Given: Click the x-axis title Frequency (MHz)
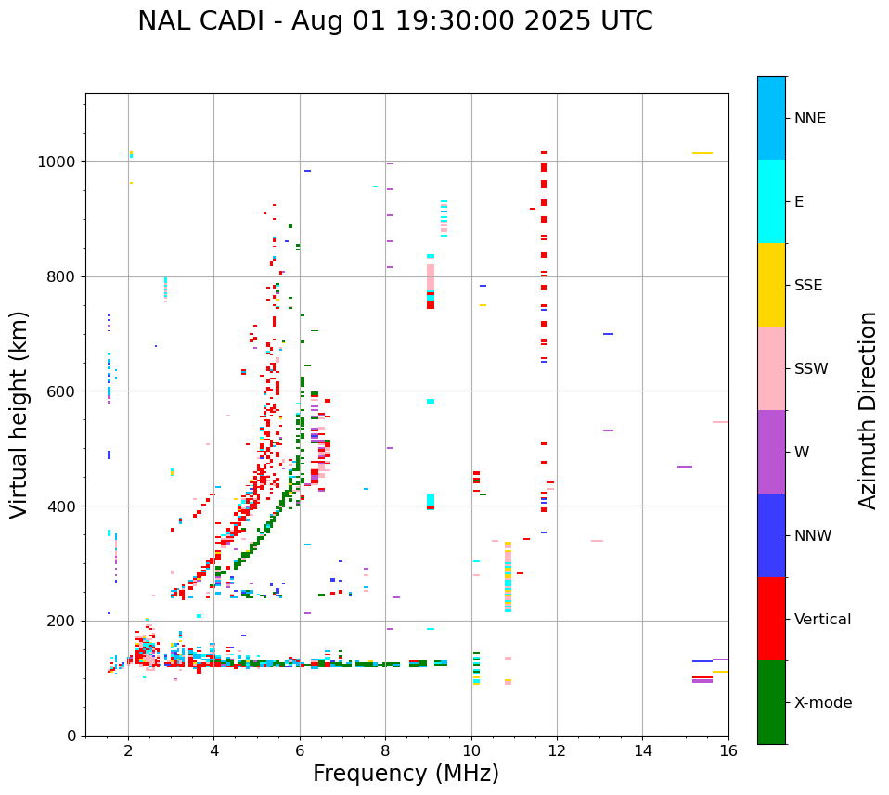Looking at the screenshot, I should pyautogui.click(x=406, y=774).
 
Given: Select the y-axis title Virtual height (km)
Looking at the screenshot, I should pyautogui.click(x=19, y=414).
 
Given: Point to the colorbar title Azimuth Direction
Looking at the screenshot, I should pyautogui.click(x=868, y=410).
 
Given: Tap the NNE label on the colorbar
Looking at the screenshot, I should pyautogui.click(x=809, y=119).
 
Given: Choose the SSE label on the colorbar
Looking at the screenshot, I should pyautogui.click(x=807, y=286).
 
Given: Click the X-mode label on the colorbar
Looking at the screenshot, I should pyautogui.click(x=823, y=703).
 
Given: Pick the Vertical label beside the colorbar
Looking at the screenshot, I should pyautogui.click(x=822, y=620).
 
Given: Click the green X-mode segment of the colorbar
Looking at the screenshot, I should pyautogui.click(x=771, y=702).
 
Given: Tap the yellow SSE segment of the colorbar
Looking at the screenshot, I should pyautogui.click(x=771, y=285).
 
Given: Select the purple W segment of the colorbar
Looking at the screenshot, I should pyautogui.click(x=771, y=452).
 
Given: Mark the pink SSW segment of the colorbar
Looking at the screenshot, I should pyautogui.click(x=771, y=368).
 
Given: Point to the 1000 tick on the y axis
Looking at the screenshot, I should pyautogui.click(x=58, y=161).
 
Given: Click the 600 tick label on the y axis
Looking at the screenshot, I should pyautogui.click(x=62, y=391).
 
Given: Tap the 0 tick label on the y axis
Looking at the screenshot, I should pyautogui.click(x=71, y=736).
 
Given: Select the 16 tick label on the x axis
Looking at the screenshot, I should pyautogui.click(x=728, y=751).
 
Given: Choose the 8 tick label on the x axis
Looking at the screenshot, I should pyautogui.click(x=385, y=751).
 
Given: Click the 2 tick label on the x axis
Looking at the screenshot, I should pyautogui.click(x=128, y=751).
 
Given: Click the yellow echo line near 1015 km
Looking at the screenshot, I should pyautogui.click(x=702, y=153).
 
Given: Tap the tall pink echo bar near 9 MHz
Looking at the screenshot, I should pyautogui.click(x=431, y=278).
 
